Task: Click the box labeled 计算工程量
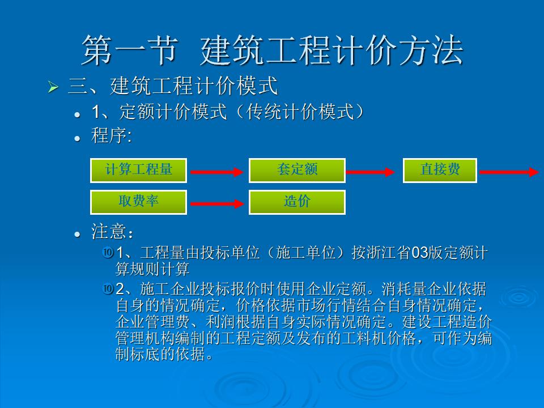[138, 171]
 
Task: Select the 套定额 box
[297, 171]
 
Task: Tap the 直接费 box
[440, 171]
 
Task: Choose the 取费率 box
[138, 202]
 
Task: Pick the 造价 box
[297, 202]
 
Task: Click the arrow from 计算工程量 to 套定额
[217, 172]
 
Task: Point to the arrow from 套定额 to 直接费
[370, 172]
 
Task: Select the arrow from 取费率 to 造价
[217, 203]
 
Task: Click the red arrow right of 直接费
[509, 172]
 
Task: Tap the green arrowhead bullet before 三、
[53, 87]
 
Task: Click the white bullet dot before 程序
[78, 138]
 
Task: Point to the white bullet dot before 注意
[78, 235]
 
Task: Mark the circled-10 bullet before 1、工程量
[108, 252]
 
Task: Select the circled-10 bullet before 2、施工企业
[108, 288]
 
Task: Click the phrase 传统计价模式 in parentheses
[300, 112]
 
